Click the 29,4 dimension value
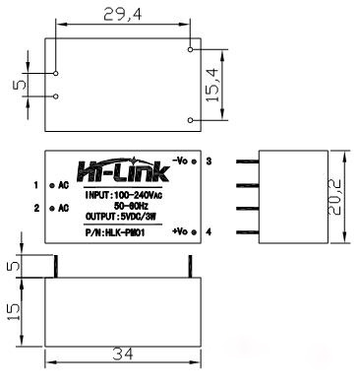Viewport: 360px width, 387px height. pyautogui.click(x=123, y=14)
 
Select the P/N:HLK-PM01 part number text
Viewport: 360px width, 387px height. pyautogui.click(x=117, y=231)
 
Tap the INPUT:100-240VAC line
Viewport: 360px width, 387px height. pyautogui.click(x=119, y=195)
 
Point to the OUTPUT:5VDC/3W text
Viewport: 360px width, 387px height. pyautogui.click(x=118, y=217)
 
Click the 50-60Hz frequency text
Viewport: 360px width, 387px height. pyautogui.click(x=118, y=206)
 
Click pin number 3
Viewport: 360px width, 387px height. pyautogui.click(x=210, y=160)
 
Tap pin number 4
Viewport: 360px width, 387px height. pyautogui.click(x=210, y=231)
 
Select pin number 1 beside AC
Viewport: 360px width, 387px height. pyautogui.click(x=35, y=185)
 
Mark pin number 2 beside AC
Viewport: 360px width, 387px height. pyautogui.click(x=35, y=208)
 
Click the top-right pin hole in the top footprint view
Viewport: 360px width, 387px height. pyautogui.click(x=190, y=45)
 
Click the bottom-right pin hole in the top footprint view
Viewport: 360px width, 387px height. pyautogui.click(x=190, y=119)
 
